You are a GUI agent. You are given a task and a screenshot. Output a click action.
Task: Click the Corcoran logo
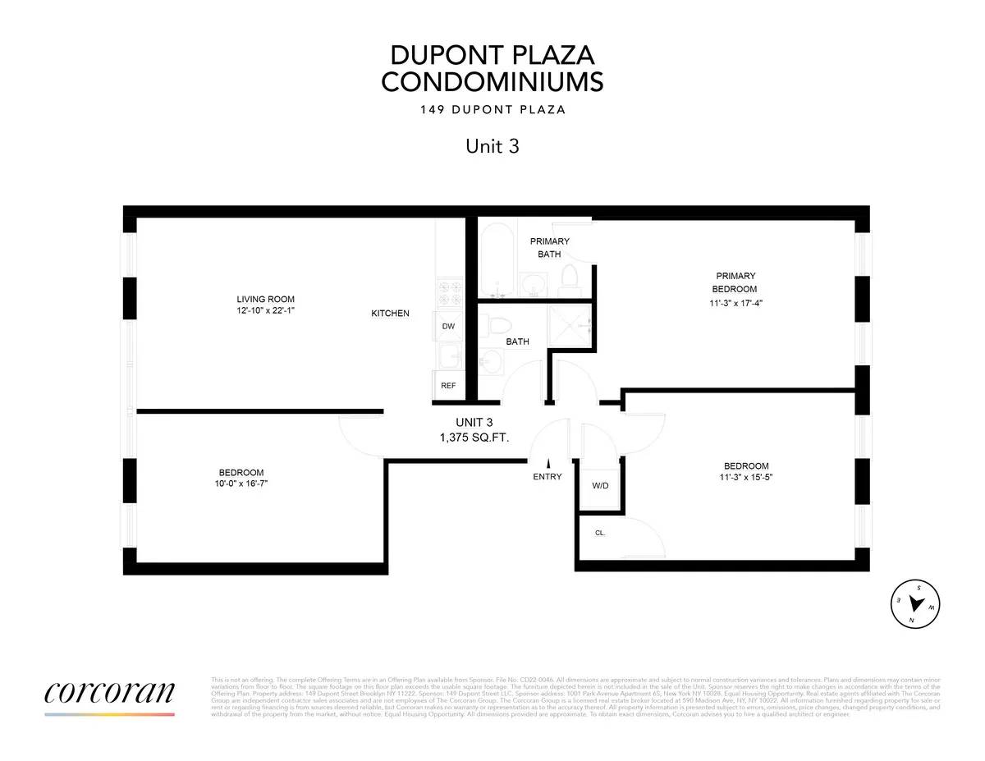click(109, 691)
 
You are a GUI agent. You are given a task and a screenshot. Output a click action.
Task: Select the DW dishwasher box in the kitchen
click(448, 326)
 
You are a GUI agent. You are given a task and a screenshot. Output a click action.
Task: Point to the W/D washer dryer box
click(600, 485)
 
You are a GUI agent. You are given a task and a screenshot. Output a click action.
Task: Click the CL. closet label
click(600, 532)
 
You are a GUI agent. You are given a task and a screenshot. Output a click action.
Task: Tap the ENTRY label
click(547, 477)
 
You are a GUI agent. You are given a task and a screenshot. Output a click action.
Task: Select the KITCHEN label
click(390, 314)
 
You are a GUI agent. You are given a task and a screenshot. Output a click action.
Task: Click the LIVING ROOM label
click(265, 299)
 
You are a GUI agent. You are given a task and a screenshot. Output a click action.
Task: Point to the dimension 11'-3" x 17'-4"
click(735, 302)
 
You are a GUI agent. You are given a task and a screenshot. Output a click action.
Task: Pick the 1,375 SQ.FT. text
click(474, 438)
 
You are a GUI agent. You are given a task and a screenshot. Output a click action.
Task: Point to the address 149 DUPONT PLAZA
click(492, 110)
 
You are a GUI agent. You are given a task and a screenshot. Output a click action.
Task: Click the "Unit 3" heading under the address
click(492, 146)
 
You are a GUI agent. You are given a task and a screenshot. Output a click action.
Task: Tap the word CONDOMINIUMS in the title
click(492, 82)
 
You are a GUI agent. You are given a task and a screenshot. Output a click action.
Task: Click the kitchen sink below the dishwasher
click(448, 357)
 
